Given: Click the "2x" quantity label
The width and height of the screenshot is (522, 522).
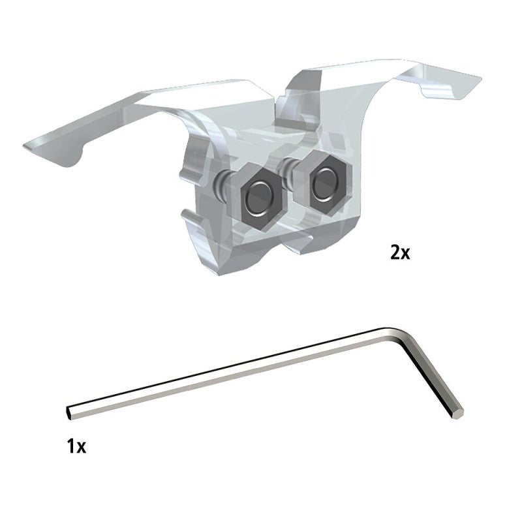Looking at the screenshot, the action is click(400, 253).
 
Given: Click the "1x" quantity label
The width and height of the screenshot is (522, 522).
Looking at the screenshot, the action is click(76, 446).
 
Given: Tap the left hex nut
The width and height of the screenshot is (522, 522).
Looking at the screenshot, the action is click(258, 198).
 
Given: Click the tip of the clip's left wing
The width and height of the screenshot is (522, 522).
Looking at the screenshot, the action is click(25, 146).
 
